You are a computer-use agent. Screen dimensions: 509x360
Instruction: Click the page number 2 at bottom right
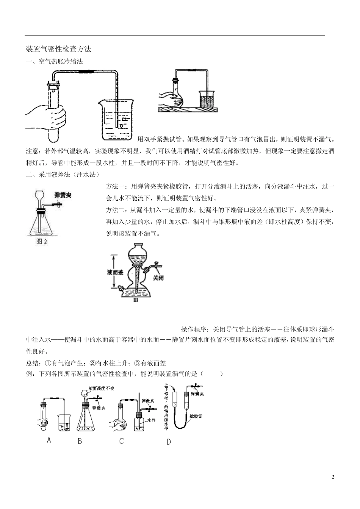tap(333, 477)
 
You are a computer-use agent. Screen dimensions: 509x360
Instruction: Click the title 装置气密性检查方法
tap(58, 49)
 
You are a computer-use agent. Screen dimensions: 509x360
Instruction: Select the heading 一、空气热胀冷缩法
tap(54, 61)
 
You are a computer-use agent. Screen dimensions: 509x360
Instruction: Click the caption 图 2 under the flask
tap(42, 241)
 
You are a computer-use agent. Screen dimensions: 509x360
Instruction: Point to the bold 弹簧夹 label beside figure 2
tap(63, 195)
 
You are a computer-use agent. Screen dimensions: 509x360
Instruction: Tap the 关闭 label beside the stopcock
tap(158, 278)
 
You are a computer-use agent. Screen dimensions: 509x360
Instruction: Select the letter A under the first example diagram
tap(49, 440)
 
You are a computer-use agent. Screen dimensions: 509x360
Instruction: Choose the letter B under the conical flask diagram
tap(80, 441)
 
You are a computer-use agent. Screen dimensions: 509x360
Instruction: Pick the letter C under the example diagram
tap(121, 441)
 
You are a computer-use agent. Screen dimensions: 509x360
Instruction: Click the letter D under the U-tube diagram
tap(169, 442)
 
